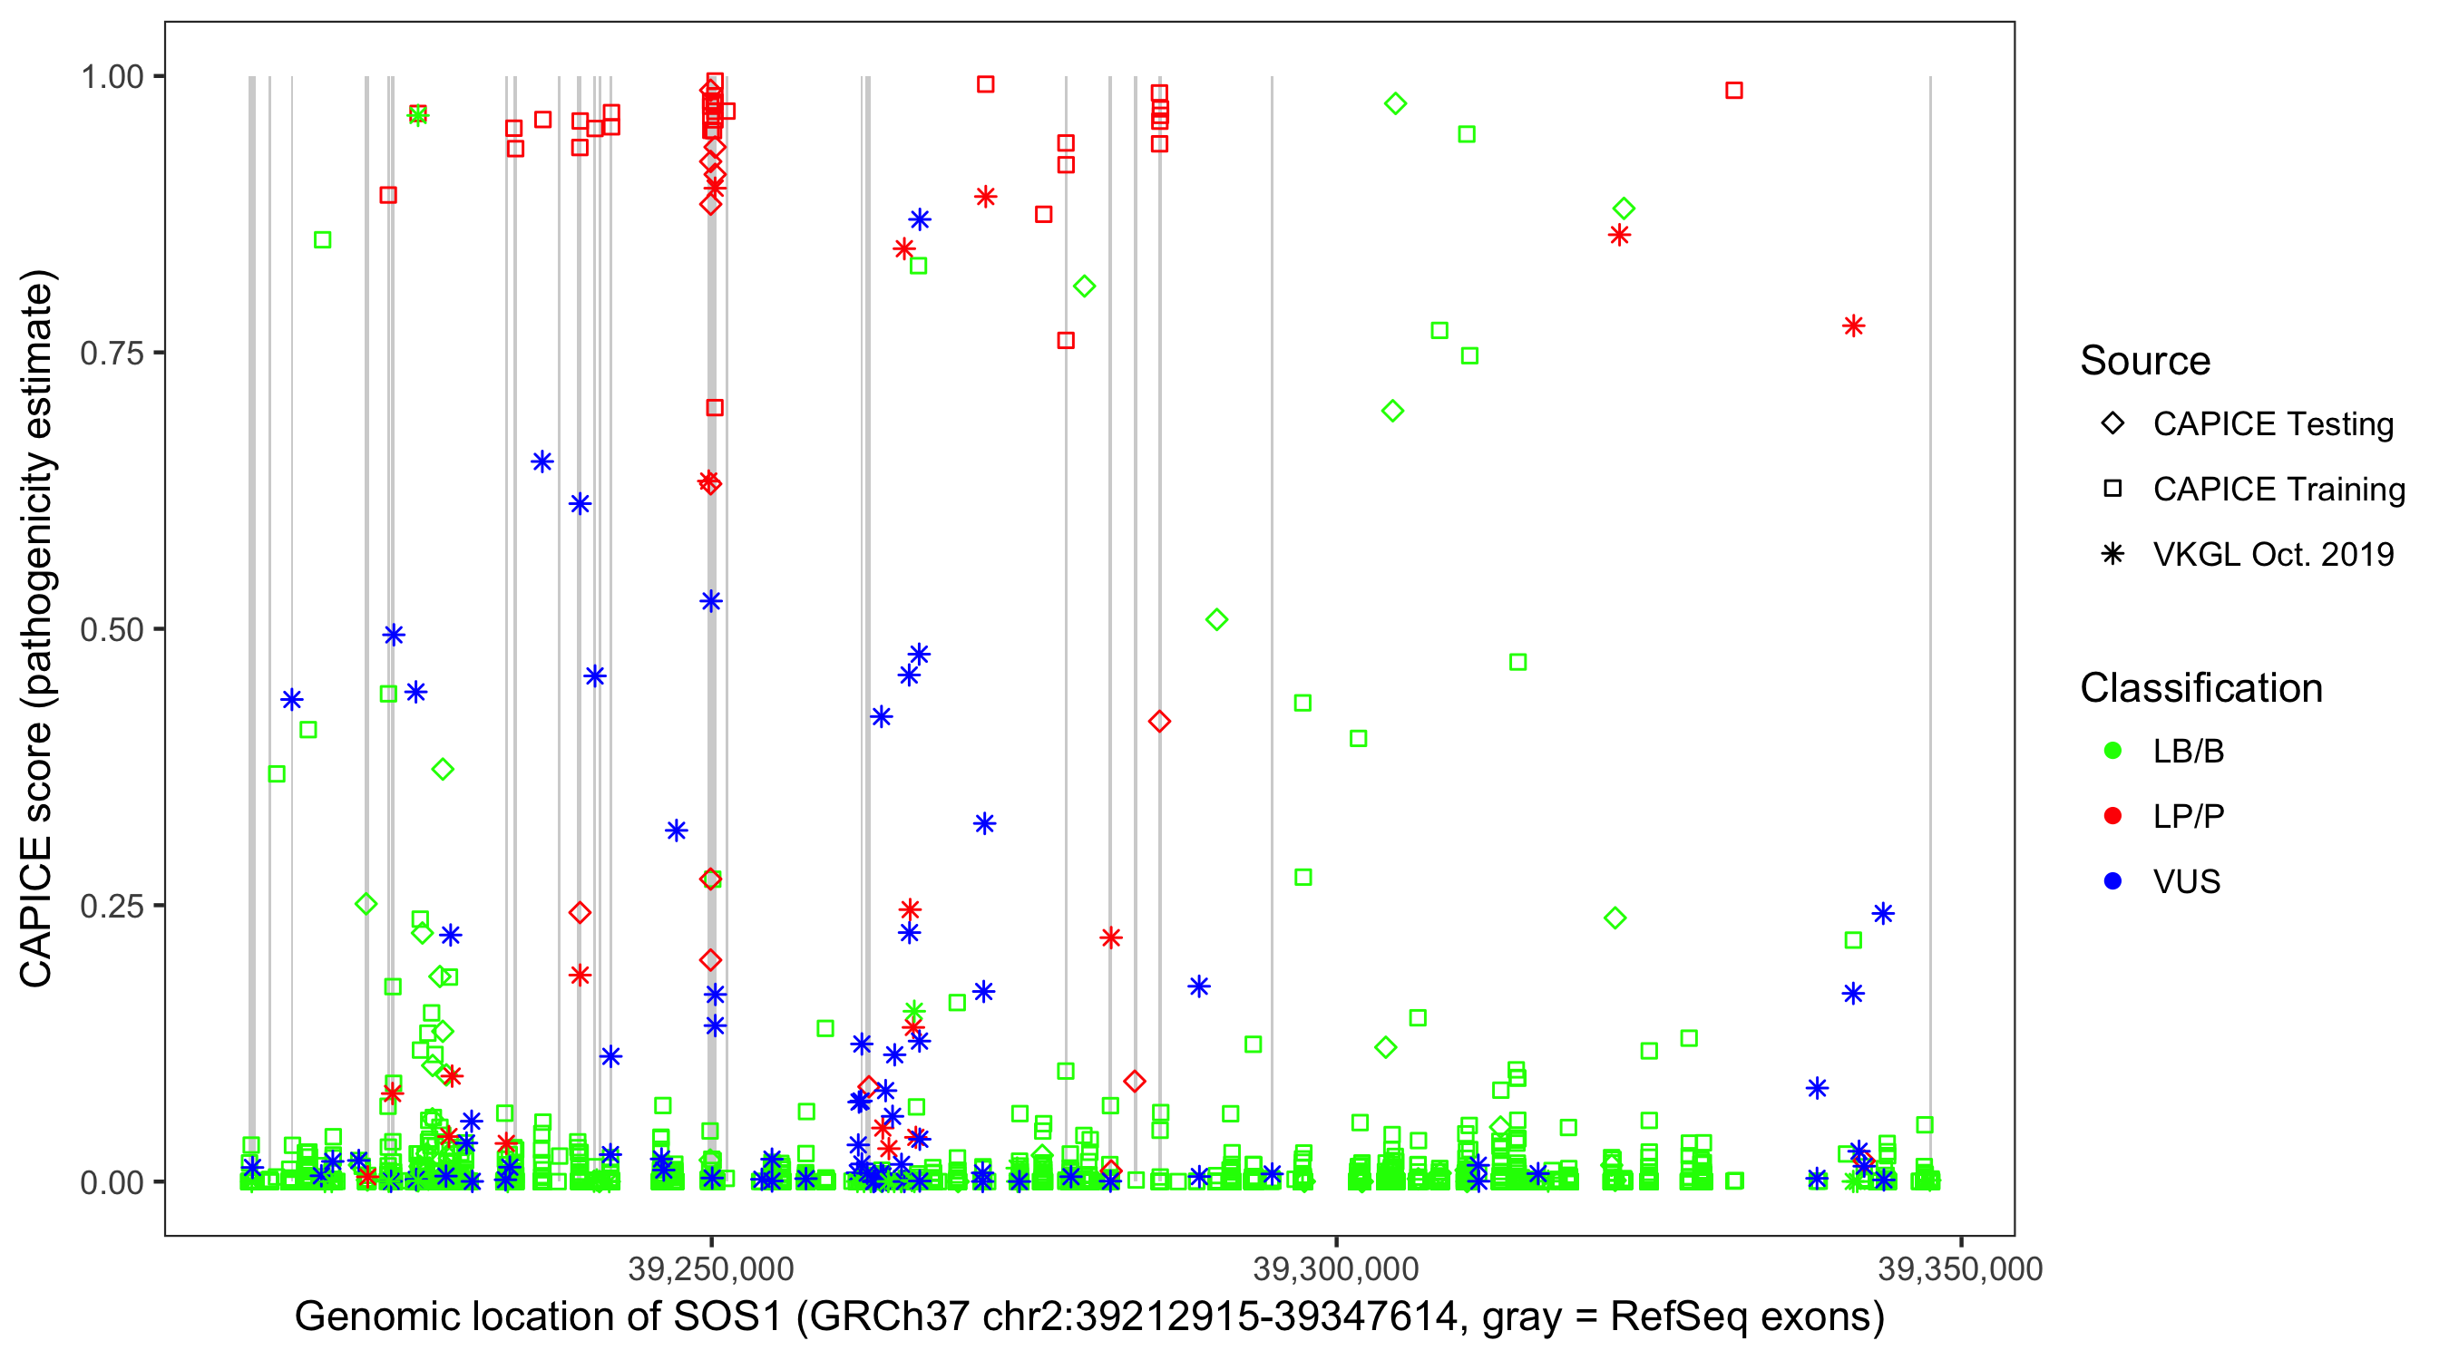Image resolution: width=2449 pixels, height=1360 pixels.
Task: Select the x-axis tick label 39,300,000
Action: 1336,1268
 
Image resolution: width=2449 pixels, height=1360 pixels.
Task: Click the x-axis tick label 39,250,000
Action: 710,1268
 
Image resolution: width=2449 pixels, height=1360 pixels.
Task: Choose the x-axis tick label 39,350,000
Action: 1960,1268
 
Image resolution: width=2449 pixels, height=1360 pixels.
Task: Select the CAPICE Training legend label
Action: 2278,490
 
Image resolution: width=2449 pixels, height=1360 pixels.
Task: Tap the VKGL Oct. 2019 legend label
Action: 2273,554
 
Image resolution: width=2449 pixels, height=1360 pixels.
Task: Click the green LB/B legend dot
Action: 2112,751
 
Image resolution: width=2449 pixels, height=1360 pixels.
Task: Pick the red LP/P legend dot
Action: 2112,816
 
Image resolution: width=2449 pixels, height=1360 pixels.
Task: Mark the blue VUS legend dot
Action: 2112,881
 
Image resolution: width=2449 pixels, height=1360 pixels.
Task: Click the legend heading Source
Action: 2145,361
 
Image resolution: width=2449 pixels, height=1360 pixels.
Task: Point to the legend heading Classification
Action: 2200,688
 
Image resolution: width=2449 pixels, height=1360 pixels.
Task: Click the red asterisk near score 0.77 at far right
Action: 1853,326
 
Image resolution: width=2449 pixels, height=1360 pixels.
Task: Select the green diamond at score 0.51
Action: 1216,619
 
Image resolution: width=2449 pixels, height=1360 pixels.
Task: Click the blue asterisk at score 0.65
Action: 542,461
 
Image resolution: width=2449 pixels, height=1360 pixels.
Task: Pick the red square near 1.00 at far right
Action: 1734,91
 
